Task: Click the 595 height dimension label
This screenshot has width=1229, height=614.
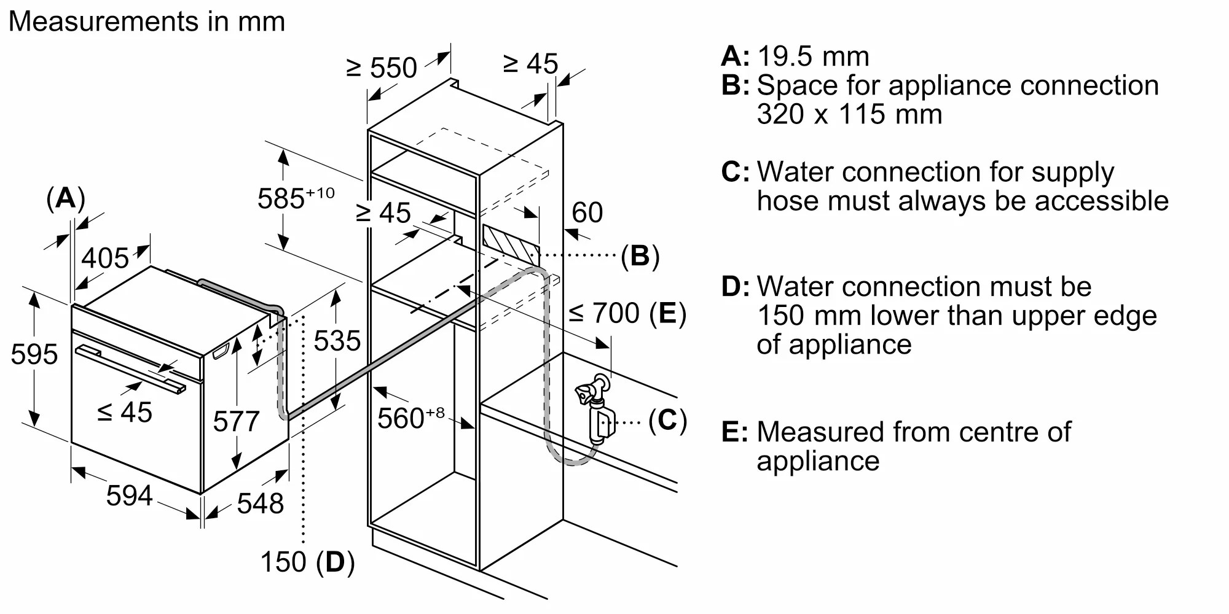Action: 34,355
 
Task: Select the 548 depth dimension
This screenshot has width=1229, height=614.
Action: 261,503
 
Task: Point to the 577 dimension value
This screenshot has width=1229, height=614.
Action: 236,421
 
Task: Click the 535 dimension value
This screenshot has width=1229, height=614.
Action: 337,341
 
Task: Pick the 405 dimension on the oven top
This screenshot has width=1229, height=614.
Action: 105,258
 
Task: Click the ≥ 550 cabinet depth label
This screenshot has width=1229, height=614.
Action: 382,68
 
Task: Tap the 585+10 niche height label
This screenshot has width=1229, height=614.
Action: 296,198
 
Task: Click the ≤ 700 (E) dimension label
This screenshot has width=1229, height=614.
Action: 627,314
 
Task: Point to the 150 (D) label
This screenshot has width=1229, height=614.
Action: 307,562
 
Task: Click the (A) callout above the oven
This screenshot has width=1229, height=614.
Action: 66,199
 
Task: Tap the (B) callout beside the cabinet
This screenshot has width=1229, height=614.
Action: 640,255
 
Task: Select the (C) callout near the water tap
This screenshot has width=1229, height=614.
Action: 667,421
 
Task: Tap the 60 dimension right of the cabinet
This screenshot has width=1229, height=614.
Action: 587,212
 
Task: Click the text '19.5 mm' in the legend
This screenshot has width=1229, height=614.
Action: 813,56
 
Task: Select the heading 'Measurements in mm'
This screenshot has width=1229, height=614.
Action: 147,21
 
